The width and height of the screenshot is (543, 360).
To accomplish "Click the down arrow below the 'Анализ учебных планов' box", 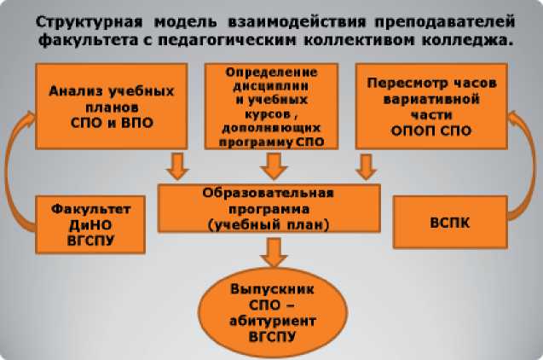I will [177, 165].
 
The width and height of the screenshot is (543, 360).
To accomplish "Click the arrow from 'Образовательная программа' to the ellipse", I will [273, 252].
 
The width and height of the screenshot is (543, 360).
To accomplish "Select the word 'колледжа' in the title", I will [465, 38].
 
